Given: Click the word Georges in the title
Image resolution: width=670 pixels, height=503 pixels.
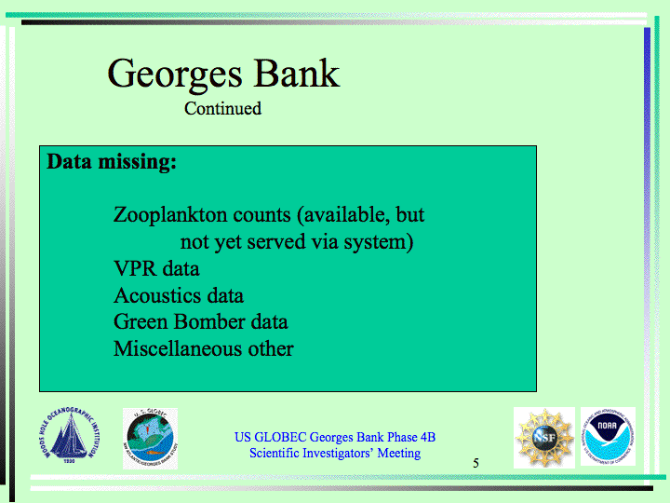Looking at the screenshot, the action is point(175,75).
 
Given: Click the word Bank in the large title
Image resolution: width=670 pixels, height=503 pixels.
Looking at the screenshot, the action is point(297,74).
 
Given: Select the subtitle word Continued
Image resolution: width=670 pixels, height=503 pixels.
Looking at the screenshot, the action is point(222,108).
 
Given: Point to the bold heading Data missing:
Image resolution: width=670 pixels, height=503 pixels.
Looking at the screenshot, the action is point(112,162).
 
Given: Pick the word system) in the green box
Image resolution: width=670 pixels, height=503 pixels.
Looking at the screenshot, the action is point(379,242).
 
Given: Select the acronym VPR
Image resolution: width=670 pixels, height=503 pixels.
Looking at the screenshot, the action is point(135,268).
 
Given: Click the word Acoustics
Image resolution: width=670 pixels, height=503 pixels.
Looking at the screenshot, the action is point(157,295).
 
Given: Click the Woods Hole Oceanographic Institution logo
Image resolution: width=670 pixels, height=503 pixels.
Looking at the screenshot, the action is point(69,435).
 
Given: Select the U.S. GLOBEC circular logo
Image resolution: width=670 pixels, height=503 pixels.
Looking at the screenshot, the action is point(150,439).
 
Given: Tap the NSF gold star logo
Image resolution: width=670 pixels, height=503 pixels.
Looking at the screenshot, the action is point(544,438).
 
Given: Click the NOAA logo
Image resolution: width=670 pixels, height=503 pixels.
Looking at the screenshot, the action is point(608,437).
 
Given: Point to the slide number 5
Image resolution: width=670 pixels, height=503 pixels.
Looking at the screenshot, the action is point(476,463).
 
